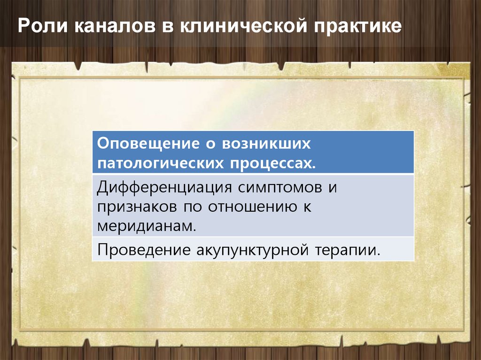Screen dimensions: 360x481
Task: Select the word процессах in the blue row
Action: [x=273, y=163]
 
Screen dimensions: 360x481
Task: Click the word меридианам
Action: [x=146, y=225]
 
